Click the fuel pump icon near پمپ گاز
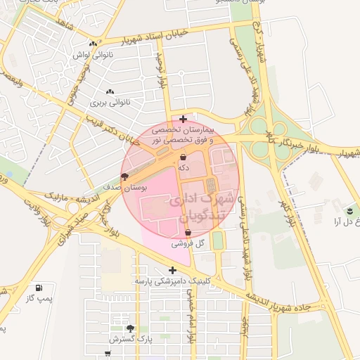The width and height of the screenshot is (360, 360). [x=39, y=288]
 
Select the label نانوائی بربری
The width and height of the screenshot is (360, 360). [x=110, y=103]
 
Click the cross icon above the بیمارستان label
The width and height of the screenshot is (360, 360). [x=183, y=119]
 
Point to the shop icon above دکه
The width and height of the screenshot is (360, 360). [x=183, y=157]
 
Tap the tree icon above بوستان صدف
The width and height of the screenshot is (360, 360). [x=125, y=177]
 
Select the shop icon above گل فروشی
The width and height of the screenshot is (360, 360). [x=188, y=232]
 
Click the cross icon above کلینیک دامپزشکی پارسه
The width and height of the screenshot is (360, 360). [x=172, y=269]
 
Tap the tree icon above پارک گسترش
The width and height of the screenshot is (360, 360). [x=130, y=328]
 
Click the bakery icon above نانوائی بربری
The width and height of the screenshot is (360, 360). [x=110, y=92]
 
